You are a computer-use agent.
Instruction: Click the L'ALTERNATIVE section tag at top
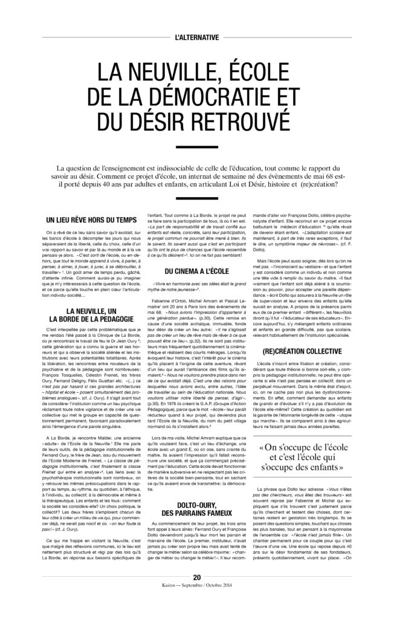196,37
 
